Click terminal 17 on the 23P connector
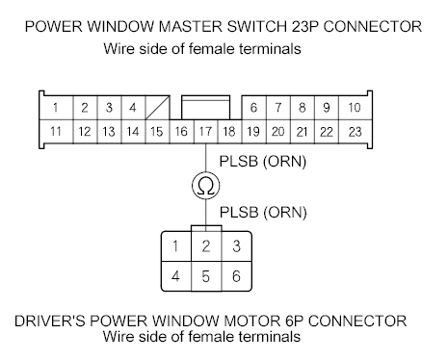206,132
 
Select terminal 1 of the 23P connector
56,108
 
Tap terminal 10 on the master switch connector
355,108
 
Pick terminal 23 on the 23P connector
355,132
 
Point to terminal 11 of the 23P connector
56,132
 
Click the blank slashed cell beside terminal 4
157,108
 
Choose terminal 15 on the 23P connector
157,132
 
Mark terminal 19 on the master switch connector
253,132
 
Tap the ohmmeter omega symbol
206,186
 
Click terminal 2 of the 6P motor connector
206,246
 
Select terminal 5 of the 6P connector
206,276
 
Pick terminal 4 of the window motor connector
176,276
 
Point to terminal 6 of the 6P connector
237,276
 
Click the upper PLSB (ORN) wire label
263,162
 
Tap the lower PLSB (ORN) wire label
263,213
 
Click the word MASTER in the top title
190,27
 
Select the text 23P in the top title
305,27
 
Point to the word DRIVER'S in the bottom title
50,321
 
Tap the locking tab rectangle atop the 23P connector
206,108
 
